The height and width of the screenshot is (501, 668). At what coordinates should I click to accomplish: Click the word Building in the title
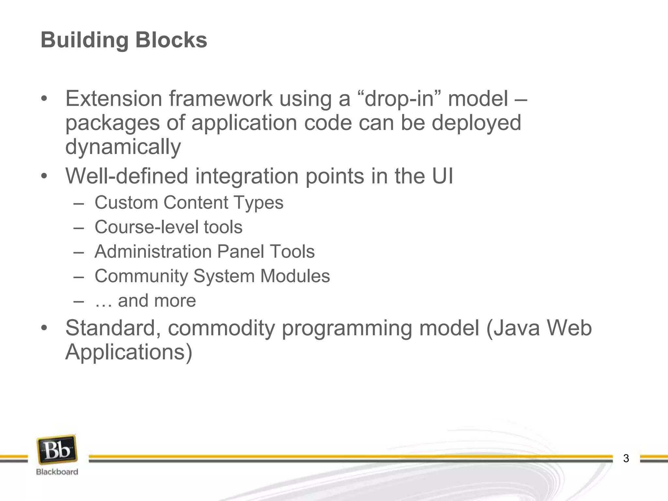tap(84, 40)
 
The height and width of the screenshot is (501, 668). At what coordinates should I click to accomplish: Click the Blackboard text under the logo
tap(57, 472)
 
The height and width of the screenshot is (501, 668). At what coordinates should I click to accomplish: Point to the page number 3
tap(626, 458)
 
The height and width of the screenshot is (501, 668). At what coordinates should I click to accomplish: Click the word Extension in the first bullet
tap(114, 99)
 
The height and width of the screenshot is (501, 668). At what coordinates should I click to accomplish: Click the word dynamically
tap(123, 147)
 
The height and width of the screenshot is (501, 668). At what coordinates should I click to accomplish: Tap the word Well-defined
tap(127, 176)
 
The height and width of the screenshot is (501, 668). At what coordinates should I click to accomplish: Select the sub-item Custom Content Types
tap(189, 203)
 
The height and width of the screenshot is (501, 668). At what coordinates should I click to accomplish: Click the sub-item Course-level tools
tap(168, 227)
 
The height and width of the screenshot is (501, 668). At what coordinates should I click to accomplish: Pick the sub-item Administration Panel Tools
tap(205, 251)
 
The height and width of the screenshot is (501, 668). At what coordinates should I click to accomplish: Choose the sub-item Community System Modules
tap(212, 276)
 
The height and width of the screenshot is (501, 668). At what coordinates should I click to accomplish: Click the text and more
tap(157, 300)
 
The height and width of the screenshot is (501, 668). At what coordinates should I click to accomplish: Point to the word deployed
tap(476, 123)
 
